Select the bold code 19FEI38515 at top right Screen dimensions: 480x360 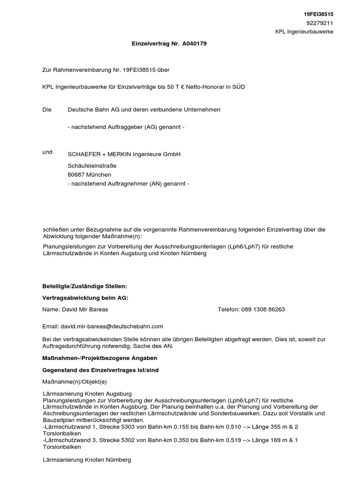(319, 15)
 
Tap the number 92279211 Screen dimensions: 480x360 (320, 23)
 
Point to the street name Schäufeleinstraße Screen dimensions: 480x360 (92, 165)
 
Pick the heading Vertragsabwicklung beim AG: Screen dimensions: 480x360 (85, 298)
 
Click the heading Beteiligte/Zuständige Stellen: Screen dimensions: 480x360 (85, 285)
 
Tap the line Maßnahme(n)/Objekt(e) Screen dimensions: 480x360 (75, 382)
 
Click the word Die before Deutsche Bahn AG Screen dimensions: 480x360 (46, 109)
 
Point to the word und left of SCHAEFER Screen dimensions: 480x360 (47, 152)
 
